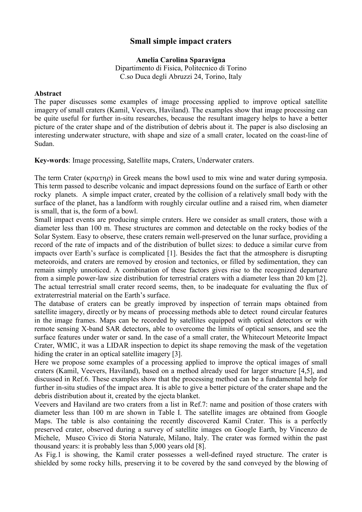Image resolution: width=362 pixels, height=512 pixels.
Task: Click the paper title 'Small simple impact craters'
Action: pos(181,41)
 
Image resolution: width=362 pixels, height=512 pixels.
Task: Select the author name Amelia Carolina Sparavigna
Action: pos(181,60)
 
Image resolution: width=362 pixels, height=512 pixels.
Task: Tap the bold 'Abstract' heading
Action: pos(48,93)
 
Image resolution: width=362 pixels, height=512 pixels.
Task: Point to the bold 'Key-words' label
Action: pos(52,161)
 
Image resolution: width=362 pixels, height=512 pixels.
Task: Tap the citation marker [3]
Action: pos(177,354)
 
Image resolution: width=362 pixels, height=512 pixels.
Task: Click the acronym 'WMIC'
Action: pos(66,346)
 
